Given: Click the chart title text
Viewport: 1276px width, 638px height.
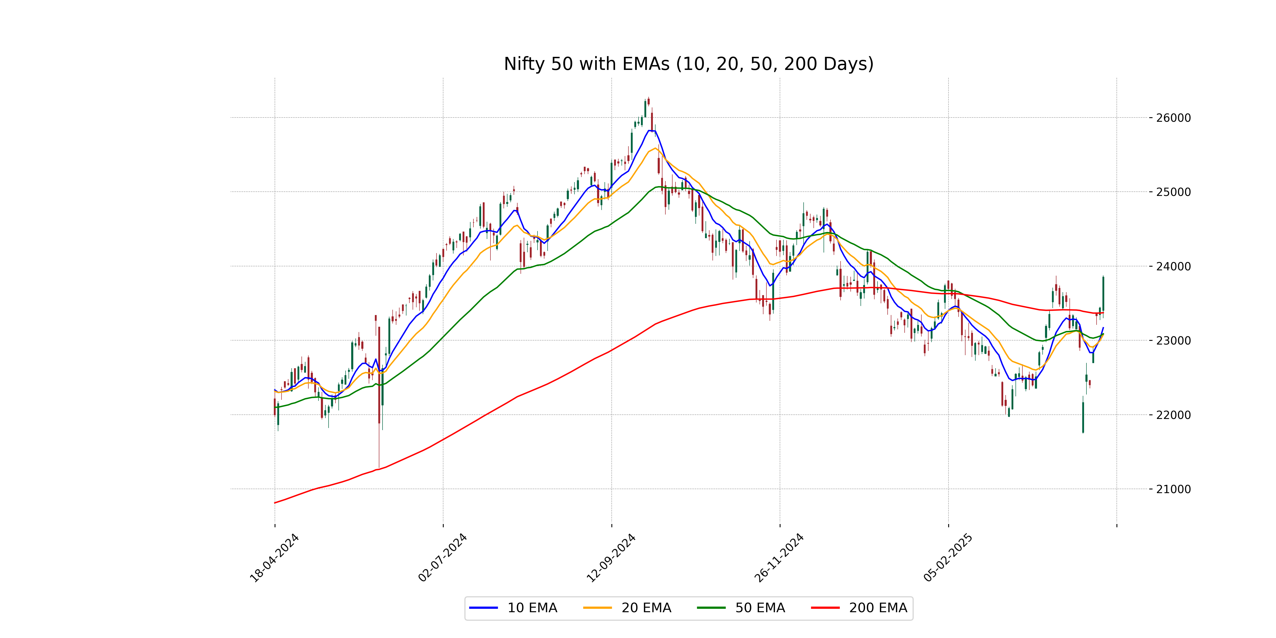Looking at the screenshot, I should tap(689, 64).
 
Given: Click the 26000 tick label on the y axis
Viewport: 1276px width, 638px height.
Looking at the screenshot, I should tap(1173, 118).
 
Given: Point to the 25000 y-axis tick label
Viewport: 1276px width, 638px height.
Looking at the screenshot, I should tap(1173, 192).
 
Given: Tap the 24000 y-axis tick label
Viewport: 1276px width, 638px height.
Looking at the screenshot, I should tap(1173, 266).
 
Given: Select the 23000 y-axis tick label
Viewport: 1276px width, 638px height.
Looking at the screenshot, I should tap(1173, 341).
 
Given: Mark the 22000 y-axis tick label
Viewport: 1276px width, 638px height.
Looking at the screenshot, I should tap(1173, 415).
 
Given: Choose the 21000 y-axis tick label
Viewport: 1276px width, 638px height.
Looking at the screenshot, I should tap(1173, 489).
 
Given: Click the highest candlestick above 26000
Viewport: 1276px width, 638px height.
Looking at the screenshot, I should tap(648, 102).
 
